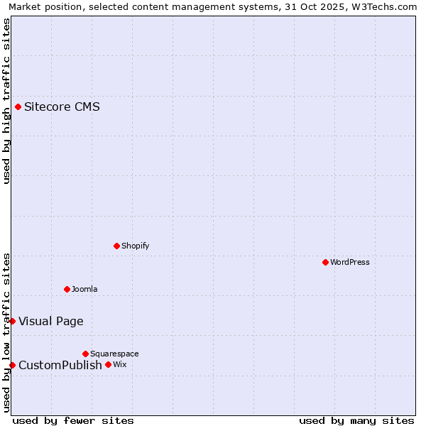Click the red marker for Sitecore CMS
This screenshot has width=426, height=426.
[18, 107]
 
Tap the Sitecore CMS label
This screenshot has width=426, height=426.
[62, 107]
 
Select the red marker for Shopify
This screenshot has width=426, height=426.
[116, 246]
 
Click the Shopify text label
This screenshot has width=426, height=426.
[135, 246]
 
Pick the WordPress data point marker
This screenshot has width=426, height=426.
[325, 263]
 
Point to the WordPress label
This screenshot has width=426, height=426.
[349, 263]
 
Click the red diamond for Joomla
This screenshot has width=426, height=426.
[67, 289]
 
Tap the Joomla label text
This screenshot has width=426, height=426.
[84, 290]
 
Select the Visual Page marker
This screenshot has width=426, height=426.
[12, 322]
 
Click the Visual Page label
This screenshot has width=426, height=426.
[50, 322]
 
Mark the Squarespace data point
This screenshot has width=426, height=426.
[85, 354]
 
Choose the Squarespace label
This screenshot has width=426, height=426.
[114, 354]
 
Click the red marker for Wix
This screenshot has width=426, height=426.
[108, 365]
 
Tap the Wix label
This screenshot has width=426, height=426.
[119, 365]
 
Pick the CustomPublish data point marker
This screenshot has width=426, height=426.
[12, 366]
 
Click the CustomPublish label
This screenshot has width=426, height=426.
[60, 366]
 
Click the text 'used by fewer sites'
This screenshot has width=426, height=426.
[73, 420]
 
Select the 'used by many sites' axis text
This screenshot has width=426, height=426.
[356, 420]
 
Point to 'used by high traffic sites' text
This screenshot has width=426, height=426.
[6, 101]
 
